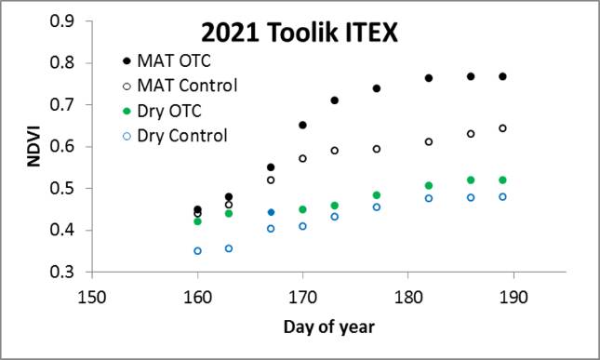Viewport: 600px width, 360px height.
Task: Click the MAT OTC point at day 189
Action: (502, 76)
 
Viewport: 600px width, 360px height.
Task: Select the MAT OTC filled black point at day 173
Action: (334, 100)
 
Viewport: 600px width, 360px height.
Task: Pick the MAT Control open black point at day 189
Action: (502, 128)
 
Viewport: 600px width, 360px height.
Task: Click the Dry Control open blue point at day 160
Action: (197, 251)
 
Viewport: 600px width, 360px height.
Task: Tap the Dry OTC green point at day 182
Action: (429, 186)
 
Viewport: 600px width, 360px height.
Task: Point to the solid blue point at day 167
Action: (271, 213)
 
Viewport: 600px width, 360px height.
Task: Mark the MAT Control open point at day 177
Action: (377, 149)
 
